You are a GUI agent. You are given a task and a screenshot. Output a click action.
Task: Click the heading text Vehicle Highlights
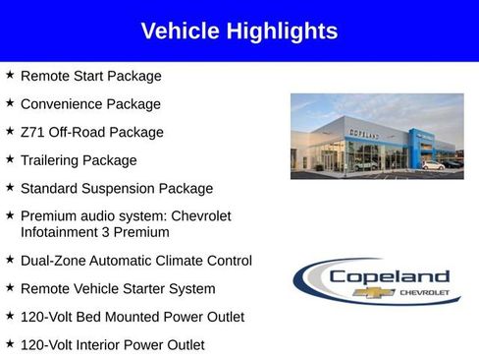(x=239, y=30)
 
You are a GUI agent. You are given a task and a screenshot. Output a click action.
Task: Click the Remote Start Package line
(x=90, y=76)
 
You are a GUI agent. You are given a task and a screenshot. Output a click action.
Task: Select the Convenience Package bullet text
(x=90, y=103)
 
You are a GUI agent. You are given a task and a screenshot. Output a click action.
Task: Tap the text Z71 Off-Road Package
(x=91, y=132)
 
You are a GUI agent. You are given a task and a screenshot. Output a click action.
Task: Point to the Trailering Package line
(x=79, y=160)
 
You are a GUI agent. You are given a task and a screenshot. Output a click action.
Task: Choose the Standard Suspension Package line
(x=116, y=188)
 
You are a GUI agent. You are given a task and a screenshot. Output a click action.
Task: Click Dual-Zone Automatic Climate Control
(x=135, y=261)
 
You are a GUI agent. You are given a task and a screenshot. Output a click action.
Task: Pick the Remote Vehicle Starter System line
(x=117, y=289)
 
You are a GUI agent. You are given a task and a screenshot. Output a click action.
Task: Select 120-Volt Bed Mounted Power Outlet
(x=132, y=317)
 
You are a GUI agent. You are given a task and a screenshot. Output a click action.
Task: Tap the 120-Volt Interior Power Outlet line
(x=112, y=345)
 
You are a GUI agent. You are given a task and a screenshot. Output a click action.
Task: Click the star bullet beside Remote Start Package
(x=10, y=75)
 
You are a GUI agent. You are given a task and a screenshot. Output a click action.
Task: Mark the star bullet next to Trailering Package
(x=10, y=159)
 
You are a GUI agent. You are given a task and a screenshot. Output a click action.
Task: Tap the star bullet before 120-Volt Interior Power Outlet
(x=10, y=344)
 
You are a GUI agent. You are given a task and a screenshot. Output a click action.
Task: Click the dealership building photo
(x=376, y=136)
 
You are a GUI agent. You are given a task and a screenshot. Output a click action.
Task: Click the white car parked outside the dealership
(x=433, y=164)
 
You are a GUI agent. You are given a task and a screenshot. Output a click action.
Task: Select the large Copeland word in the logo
(x=389, y=276)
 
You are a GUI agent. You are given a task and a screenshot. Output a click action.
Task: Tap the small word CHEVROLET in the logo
(x=424, y=292)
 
